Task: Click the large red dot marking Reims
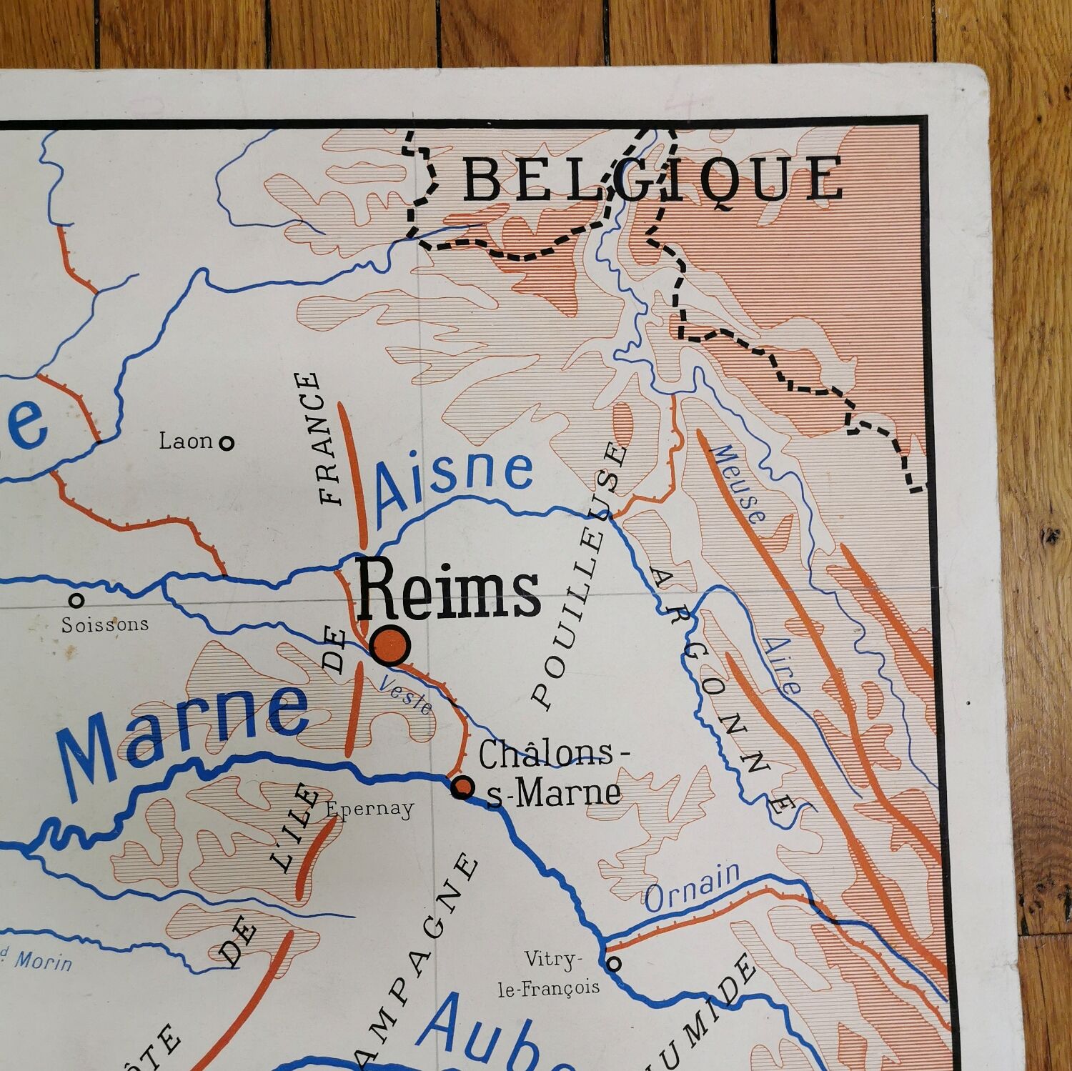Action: (x=390, y=644)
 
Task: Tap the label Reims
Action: (x=449, y=590)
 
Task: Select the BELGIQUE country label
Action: (x=652, y=180)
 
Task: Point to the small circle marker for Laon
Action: (x=227, y=443)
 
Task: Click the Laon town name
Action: (x=185, y=441)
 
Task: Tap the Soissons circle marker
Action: (x=76, y=599)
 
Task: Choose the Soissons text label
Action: (x=105, y=624)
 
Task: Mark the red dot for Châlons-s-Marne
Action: (x=462, y=787)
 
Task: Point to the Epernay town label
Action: (x=370, y=809)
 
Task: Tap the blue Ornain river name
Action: (x=693, y=888)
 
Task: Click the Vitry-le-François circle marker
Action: (x=613, y=964)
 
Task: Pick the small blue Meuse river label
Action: (x=739, y=484)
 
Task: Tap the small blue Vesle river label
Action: (x=406, y=694)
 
